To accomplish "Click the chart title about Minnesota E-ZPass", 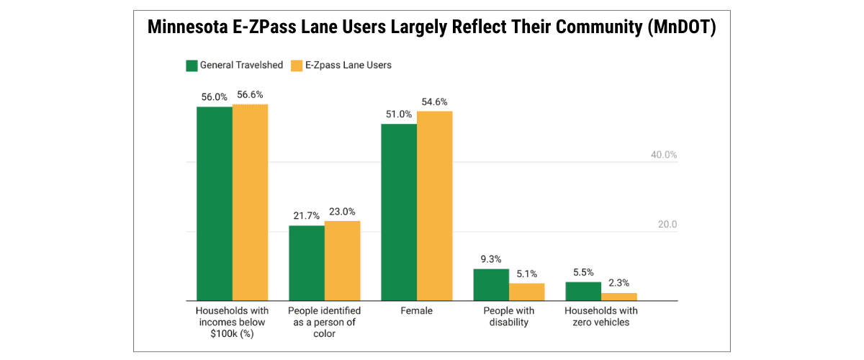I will tap(431, 28).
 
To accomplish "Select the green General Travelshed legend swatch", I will tap(192, 66).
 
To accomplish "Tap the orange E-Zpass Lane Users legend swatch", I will tap(296, 66).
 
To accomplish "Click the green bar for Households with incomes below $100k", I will tap(215, 204).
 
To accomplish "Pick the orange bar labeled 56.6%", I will tap(250, 202).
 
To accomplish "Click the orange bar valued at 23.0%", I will tap(342, 261).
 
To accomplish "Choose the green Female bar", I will tap(399, 212).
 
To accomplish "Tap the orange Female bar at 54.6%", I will tap(434, 206).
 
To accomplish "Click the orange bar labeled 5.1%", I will tap(526, 292).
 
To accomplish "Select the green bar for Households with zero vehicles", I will tap(583, 292).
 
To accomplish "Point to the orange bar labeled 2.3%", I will tap(618, 297).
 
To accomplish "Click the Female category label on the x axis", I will tap(417, 311).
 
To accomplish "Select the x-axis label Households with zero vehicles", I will tap(601, 317).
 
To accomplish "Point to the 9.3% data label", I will tap(491, 259).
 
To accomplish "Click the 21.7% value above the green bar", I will tap(307, 216).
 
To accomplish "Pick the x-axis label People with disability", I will tap(509, 317).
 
